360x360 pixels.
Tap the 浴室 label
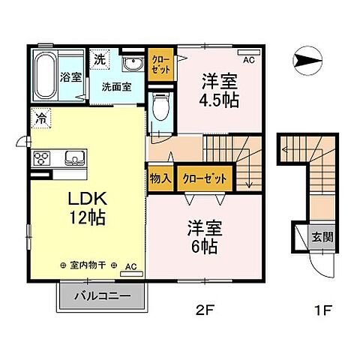pyautogui.click(x=72, y=76)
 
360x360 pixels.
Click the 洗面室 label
pyautogui.click(x=118, y=85)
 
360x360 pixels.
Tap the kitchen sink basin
pyautogui.click(x=74, y=157)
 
